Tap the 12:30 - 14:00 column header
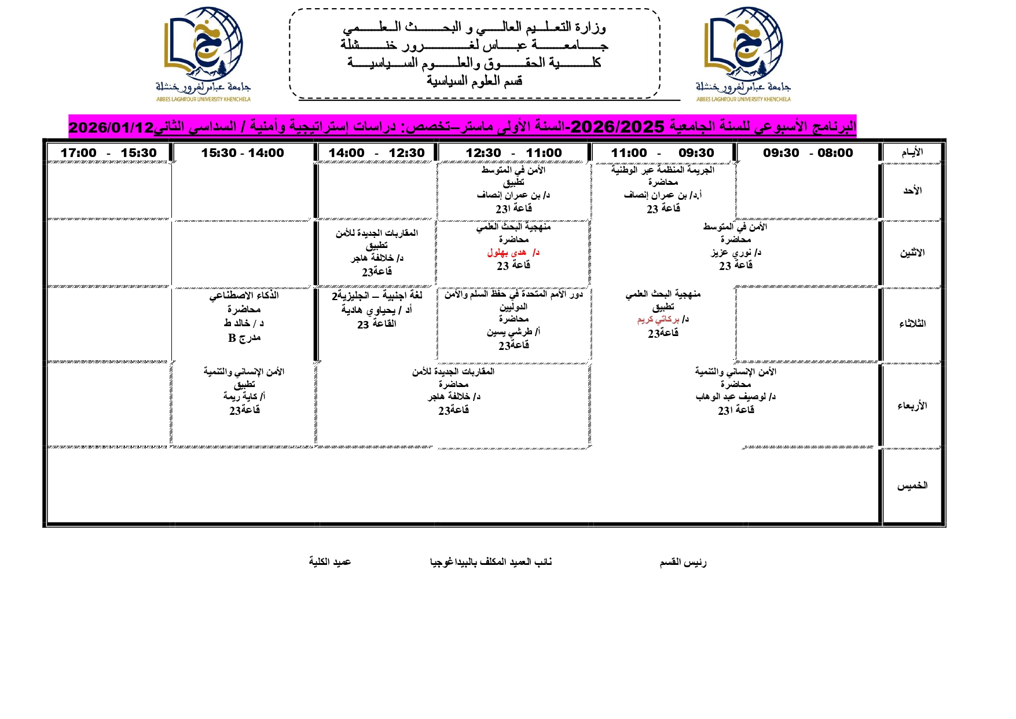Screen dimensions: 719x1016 click(376, 153)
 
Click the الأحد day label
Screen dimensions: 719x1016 click(912, 191)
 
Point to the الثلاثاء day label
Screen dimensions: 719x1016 click(912, 324)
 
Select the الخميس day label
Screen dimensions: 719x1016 click(912, 486)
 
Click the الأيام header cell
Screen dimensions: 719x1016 click(912, 152)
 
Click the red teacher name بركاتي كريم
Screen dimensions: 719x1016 click(659, 319)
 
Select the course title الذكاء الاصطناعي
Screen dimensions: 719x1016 click(244, 295)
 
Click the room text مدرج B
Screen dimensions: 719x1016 click(244, 338)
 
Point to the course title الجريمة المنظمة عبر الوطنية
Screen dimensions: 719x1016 click(663, 170)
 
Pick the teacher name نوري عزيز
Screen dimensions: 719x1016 click(732, 253)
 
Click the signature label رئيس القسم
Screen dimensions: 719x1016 click(683, 562)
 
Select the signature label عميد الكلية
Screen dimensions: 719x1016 click(330, 561)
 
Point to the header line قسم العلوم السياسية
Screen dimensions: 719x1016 click(475, 81)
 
